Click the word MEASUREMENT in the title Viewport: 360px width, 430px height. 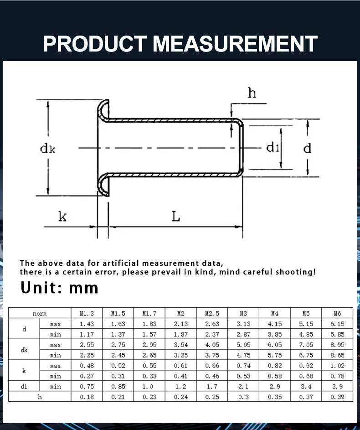tap(235, 43)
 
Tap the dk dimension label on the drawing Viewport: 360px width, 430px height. tap(47, 149)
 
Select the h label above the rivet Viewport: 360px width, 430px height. tap(252, 93)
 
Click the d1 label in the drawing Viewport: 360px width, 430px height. tap(273, 147)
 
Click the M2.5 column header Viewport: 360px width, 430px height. tap(212, 313)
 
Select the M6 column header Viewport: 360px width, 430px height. tap(337, 313)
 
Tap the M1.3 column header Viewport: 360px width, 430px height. tap(87, 313)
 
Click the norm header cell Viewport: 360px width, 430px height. tap(40, 313)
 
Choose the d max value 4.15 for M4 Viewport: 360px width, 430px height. tap(275, 324)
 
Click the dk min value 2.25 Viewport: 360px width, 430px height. tap(87, 355)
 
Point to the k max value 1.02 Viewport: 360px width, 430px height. tap(337, 366)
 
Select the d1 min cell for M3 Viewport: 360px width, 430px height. tap(243, 386)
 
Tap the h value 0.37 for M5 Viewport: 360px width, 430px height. tap(306, 397)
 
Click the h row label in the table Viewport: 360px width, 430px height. tap(40, 397)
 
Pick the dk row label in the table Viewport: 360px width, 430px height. tap(24, 350)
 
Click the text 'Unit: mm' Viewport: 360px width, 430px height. tap(59, 288)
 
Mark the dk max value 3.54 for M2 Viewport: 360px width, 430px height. tap(181, 345)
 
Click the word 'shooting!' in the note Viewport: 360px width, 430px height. tap(295, 272)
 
